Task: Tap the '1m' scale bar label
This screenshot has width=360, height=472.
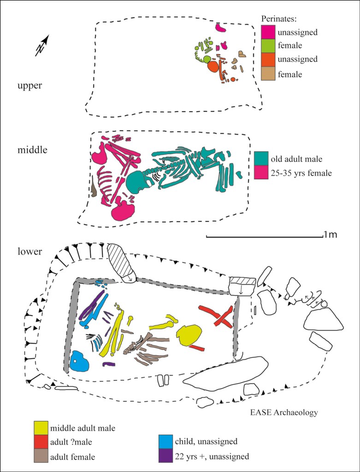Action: click(x=330, y=235)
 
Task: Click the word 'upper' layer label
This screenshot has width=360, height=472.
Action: click(x=30, y=85)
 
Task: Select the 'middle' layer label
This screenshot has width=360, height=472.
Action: click(x=32, y=149)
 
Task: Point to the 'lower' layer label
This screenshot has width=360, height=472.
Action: click(x=30, y=252)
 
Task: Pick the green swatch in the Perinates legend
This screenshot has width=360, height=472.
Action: click(x=268, y=46)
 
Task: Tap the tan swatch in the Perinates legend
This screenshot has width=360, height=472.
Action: click(x=268, y=73)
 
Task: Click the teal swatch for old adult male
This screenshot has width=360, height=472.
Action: click(x=261, y=159)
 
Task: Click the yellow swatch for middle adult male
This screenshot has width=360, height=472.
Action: click(x=42, y=428)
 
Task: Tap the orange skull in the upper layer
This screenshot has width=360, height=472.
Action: click(x=212, y=67)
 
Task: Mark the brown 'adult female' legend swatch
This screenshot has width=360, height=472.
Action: click(x=42, y=457)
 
